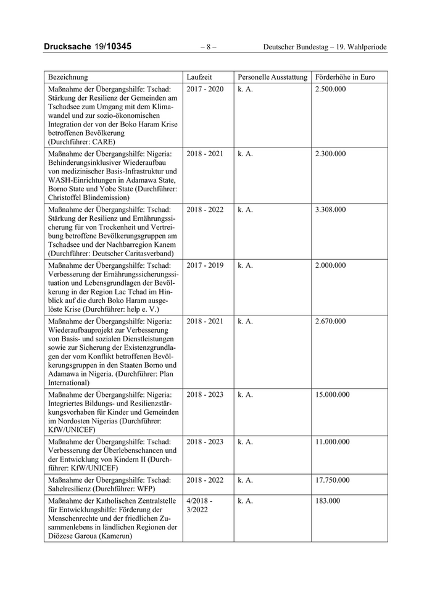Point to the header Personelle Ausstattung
tap(272, 77)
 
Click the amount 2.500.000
tap(330, 89)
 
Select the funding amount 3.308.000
tap(330, 209)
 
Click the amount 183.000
tap(327, 501)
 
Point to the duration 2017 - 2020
tap(205, 89)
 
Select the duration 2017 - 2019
tap(205, 265)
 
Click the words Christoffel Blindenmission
tap(88, 197)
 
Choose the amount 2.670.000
tap(330, 321)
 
